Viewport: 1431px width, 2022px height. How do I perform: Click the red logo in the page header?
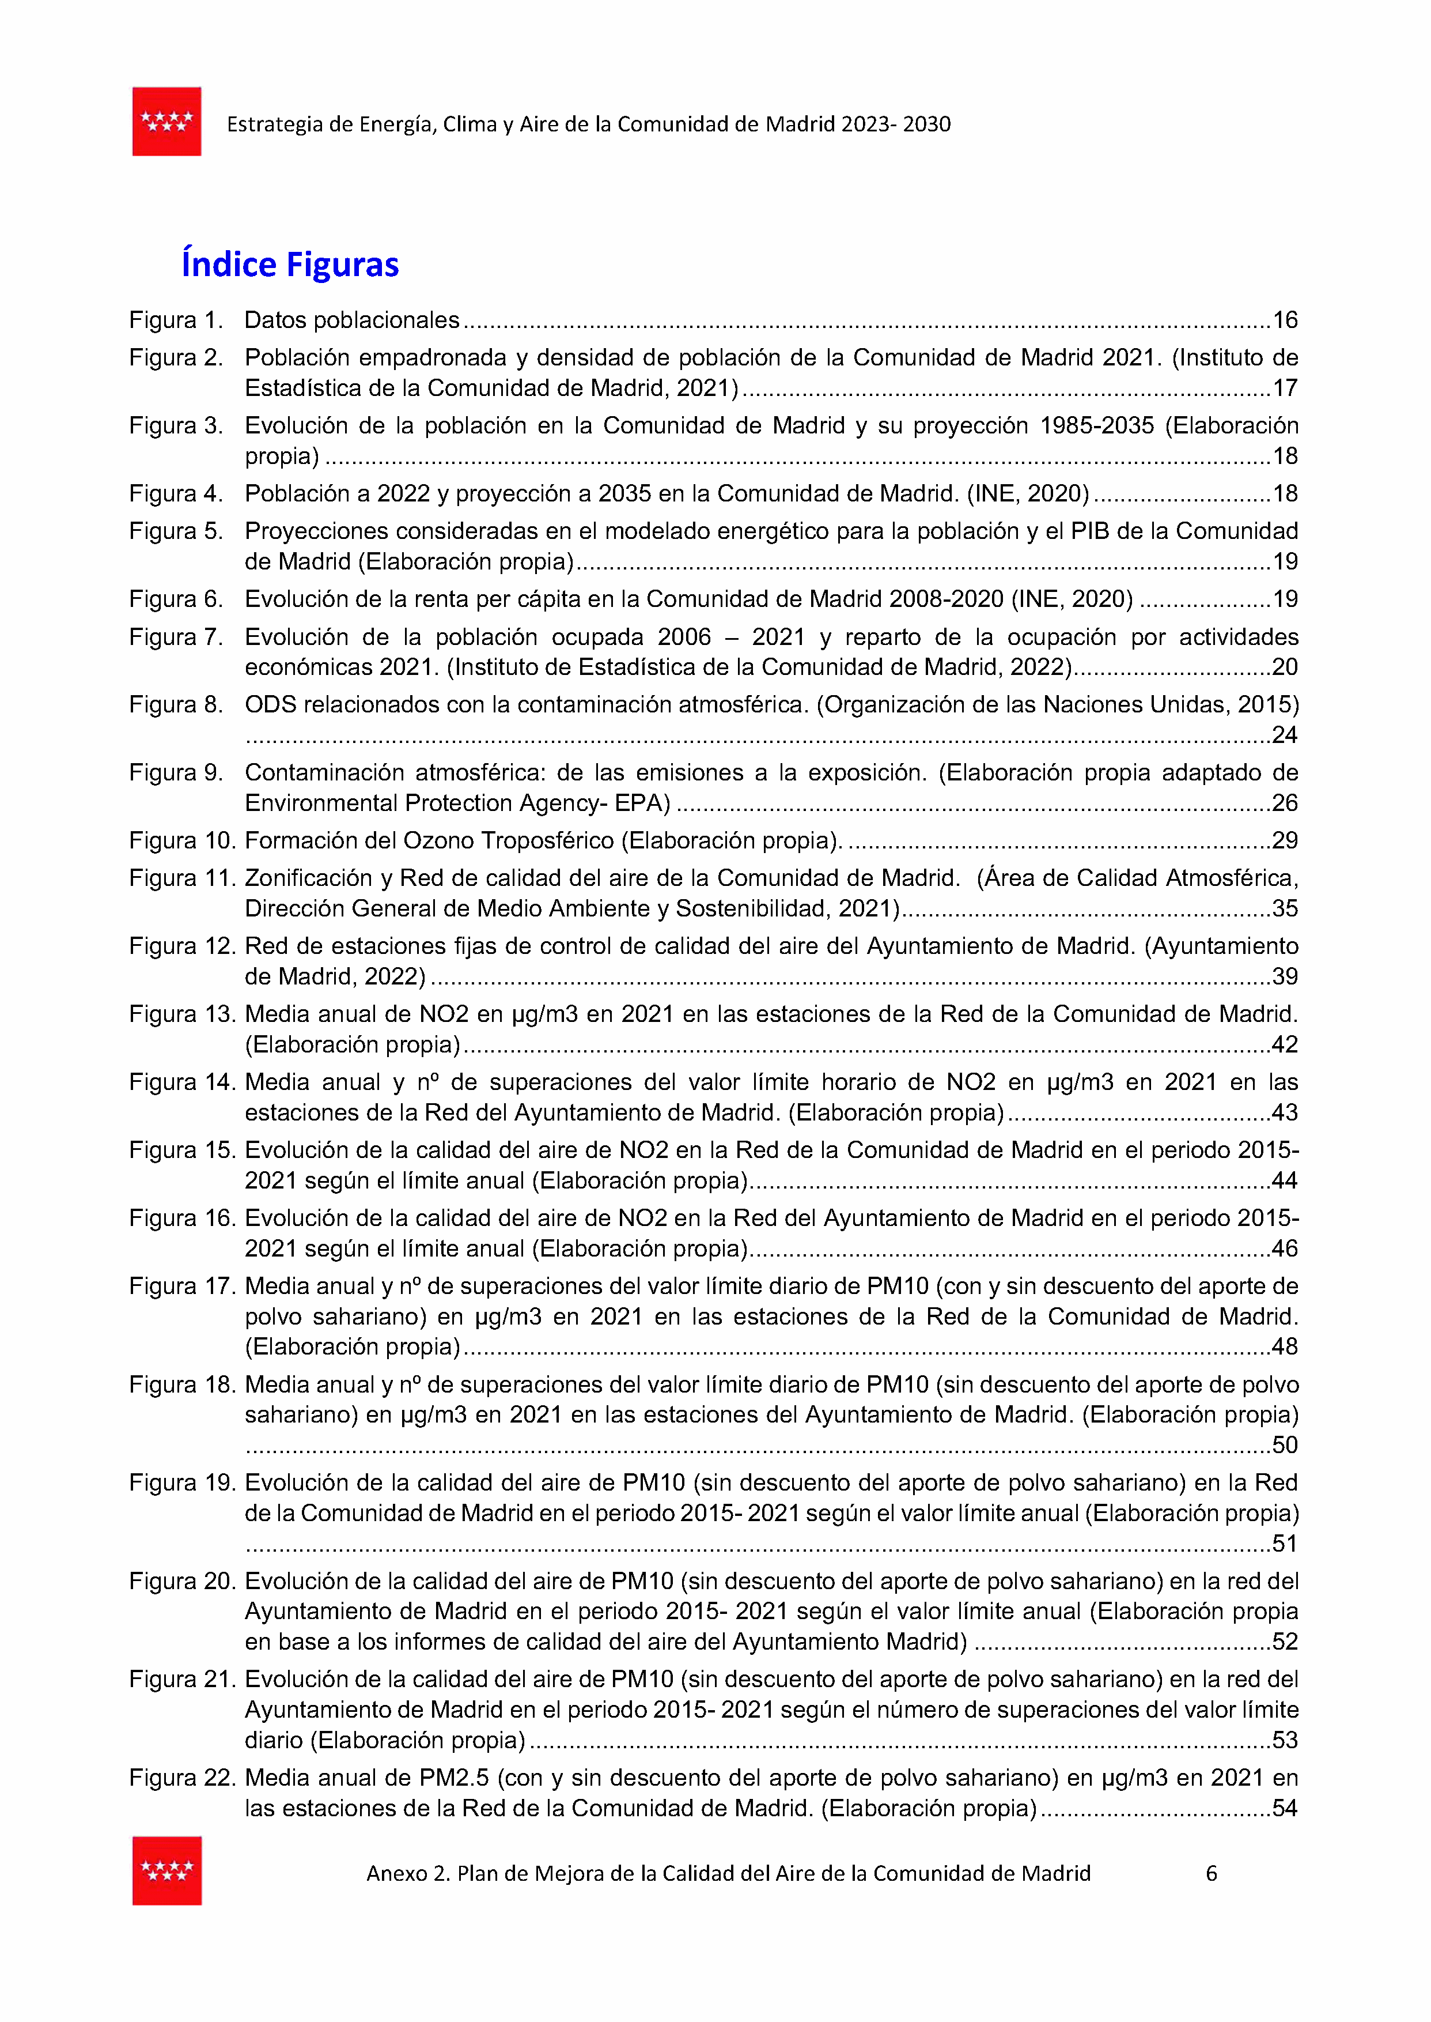[x=166, y=122]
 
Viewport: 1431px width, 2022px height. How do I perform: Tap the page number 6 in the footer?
[x=1212, y=1873]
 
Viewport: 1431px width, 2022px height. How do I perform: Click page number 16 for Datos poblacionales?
[x=1285, y=320]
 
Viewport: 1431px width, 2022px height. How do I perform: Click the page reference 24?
[x=1285, y=735]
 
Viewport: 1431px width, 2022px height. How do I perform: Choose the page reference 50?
[x=1285, y=1444]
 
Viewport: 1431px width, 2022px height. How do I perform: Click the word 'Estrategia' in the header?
[x=274, y=125]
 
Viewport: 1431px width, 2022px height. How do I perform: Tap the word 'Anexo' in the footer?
[x=396, y=1873]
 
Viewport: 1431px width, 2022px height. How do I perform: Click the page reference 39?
[x=1285, y=976]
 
